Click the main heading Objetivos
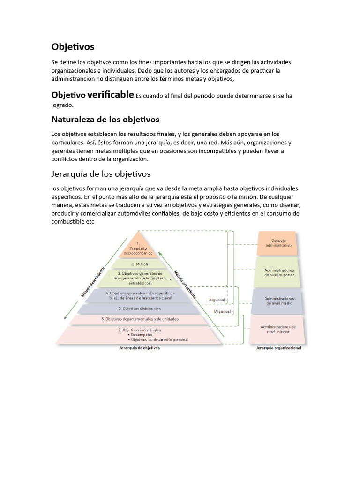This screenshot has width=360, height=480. (73, 47)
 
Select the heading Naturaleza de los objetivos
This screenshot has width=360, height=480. (105, 120)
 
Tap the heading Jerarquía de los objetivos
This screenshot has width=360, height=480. (101, 174)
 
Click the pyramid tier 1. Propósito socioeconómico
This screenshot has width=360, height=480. (138, 247)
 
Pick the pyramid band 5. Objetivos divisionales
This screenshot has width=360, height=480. (139, 308)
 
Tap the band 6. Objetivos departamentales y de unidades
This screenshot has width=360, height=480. (139, 319)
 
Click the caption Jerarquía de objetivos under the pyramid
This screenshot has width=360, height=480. (140, 348)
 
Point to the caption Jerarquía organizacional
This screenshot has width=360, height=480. (278, 348)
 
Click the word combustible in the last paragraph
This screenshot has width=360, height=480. (68, 221)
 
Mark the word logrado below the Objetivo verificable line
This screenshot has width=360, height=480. (62, 105)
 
